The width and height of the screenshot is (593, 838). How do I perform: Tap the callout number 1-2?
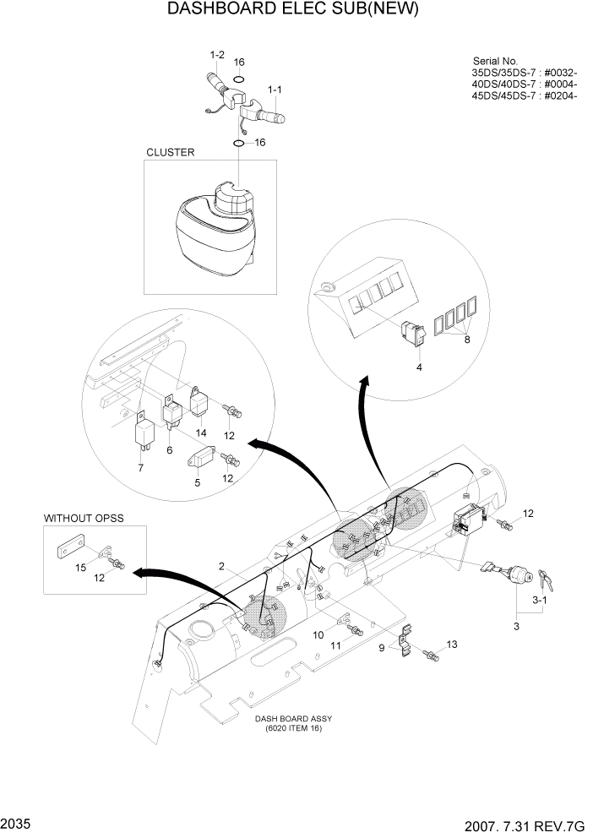[216, 55]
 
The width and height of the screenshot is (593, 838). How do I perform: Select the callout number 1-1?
[275, 89]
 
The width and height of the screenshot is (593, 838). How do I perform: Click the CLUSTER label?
[171, 153]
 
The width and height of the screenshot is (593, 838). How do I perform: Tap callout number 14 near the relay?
[201, 433]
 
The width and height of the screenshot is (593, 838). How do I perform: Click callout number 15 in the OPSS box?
[80, 569]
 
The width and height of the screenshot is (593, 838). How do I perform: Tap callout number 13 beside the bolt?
[452, 645]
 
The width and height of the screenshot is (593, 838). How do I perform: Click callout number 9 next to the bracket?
[381, 649]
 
